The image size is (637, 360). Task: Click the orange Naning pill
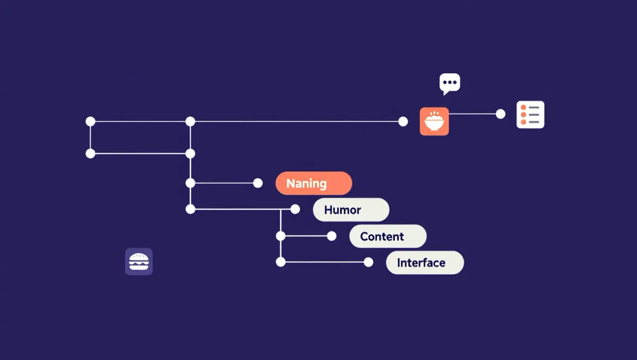(x=314, y=183)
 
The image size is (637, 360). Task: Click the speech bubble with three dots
(x=450, y=83)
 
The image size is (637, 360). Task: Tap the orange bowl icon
(x=434, y=122)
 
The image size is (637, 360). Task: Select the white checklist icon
(x=530, y=115)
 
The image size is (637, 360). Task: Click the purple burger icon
(x=139, y=262)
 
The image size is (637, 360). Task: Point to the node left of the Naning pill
(x=257, y=183)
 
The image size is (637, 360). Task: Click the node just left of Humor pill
(x=295, y=209)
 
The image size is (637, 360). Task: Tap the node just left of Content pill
(x=331, y=236)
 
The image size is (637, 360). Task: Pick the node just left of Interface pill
(x=368, y=262)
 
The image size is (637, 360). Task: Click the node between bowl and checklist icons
(x=501, y=114)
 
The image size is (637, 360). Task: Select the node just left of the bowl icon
(x=403, y=122)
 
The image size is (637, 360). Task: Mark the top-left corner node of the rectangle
(x=90, y=122)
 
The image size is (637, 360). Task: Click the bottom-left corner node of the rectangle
(x=90, y=153)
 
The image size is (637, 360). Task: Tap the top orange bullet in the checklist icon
(x=523, y=107)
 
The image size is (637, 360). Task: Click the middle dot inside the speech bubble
(x=450, y=82)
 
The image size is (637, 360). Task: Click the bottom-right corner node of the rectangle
(x=190, y=153)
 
